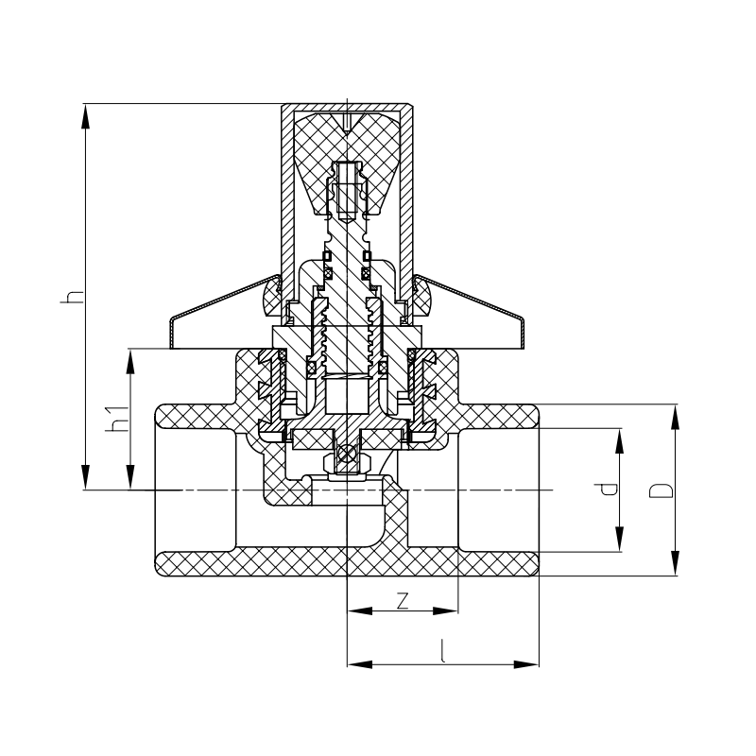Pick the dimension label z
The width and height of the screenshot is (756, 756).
[x=403, y=601]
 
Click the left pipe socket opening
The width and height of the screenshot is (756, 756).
[x=194, y=490]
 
